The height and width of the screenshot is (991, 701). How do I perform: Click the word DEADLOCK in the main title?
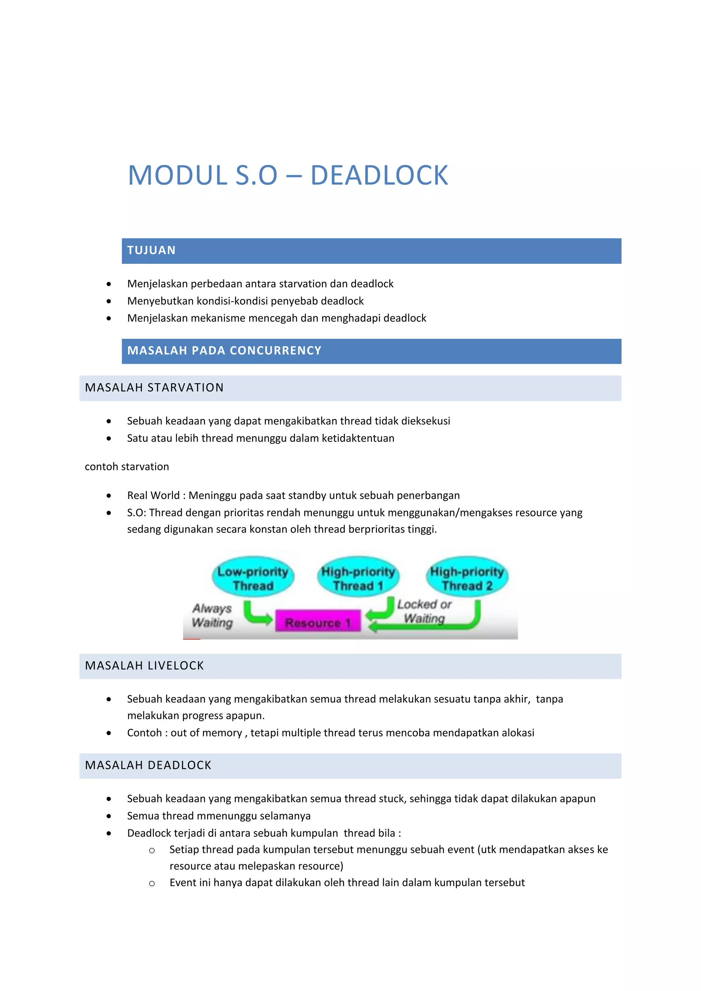pos(379,176)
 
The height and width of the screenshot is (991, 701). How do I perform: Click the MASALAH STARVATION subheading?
pos(154,388)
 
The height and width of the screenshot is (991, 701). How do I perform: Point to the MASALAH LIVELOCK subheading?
pos(144,666)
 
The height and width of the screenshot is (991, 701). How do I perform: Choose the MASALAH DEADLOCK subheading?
pos(148,765)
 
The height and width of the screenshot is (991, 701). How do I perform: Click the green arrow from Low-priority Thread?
pos(256,613)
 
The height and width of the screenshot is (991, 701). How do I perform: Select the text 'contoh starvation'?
pos(127,466)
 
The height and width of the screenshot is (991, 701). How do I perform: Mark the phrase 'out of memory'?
pos(206,733)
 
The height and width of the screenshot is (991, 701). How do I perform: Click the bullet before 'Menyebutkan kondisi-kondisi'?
pos(109,301)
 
